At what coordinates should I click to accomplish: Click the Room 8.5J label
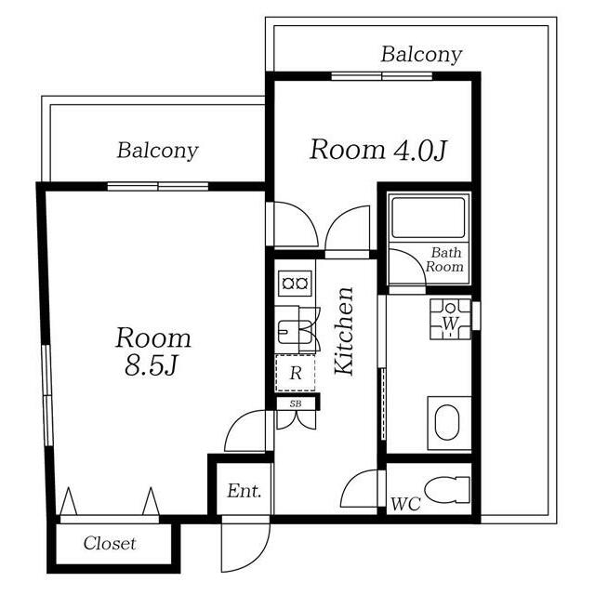153,351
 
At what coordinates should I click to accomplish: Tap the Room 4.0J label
378,150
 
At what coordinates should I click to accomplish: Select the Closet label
110,543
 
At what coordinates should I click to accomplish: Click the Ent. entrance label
245,491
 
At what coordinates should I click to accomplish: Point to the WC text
405,504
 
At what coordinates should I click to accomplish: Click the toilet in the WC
447,490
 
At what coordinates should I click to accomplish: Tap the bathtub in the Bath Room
429,218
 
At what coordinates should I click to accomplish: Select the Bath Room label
444,259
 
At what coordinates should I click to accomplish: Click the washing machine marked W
450,319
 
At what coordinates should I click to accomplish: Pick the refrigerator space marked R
296,373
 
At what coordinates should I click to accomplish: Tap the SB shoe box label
296,403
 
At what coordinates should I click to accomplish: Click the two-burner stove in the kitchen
295,284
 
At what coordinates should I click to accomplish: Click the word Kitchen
345,331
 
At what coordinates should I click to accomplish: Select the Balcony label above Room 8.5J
157,151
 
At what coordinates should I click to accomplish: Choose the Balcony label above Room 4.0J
421,55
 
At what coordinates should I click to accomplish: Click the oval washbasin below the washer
447,422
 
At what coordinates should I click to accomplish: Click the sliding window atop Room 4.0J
382,76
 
